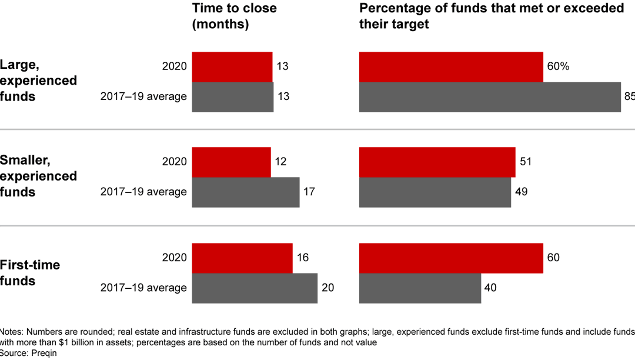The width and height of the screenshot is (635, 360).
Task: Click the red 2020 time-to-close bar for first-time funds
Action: tap(242, 258)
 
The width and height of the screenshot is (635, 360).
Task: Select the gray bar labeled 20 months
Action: tap(255, 288)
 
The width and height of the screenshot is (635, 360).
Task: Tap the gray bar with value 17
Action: tap(246, 192)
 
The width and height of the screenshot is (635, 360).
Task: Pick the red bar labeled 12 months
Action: tap(231, 162)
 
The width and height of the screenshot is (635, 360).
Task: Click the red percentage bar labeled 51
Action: tap(437, 162)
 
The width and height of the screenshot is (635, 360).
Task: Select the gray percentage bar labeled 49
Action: tap(435, 192)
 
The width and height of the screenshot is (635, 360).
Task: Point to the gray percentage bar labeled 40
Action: tap(420, 288)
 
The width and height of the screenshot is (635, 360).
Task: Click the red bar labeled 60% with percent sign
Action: tap(451, 66)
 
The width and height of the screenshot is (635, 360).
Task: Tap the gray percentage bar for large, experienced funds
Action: tap(490, 96)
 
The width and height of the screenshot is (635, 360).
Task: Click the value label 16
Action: tap(303, 258)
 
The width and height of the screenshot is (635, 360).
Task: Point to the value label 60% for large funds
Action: tap(558, 66)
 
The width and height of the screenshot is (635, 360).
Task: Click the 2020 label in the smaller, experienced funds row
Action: tap(175, 162)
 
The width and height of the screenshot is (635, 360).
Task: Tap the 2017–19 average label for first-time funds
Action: tap(143, 288)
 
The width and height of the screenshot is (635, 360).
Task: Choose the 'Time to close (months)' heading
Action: tap(234, 16)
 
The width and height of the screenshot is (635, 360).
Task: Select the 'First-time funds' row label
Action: tap(30, 273)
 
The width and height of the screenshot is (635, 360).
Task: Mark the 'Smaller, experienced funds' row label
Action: tap(38, 176)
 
